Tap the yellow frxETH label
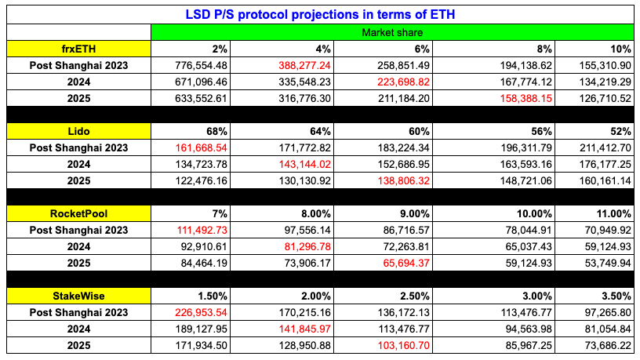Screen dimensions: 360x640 coord(78,49)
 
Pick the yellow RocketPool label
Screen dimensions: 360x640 coord(78,213)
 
